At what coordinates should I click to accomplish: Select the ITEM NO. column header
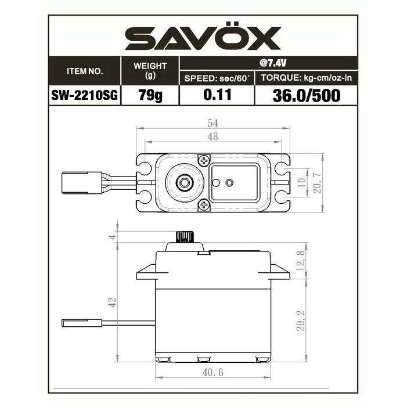click(x=85, y=71)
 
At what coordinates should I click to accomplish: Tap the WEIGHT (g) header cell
click(x=150, y=70)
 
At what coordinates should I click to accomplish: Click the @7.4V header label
click(x=272, y=63)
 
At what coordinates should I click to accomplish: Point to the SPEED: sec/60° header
click(x=217, y=78)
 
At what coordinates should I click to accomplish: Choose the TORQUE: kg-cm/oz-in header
click(x=307, y=78)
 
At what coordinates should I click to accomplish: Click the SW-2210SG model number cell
click(x=85, y=95)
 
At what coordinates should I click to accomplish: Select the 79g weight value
click(x=150, y=95)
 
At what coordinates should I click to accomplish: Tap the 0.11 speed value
click(x=217, y=95)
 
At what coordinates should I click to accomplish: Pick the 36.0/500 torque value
click(x=307, y=95)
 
